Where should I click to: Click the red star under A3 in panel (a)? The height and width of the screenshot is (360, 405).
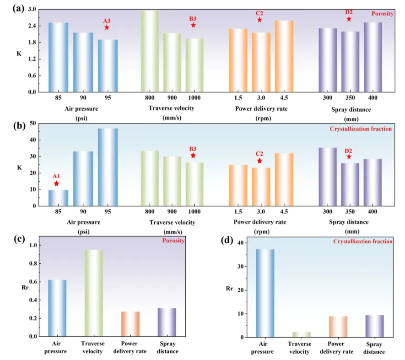point(107,27)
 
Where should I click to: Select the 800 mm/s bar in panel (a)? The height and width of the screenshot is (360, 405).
point(150,51)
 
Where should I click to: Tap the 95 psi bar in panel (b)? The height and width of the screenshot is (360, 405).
point(108,167)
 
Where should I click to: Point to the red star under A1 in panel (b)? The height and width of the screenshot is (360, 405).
point(56,184)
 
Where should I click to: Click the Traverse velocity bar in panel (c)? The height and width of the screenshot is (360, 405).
point(94,293)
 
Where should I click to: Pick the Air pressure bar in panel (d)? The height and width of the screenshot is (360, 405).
point(265,293)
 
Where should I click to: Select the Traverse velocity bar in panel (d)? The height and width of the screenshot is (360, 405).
point(302,334)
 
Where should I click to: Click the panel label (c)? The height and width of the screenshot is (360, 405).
point(19,239)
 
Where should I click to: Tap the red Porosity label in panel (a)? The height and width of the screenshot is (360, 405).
point(382,14)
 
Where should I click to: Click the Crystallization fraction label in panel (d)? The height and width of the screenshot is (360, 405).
point(362,241)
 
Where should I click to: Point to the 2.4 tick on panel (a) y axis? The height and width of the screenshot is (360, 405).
point(32,26)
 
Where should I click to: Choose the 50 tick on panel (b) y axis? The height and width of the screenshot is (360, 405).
point(33,123)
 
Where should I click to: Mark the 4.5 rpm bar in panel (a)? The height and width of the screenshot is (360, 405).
point(284,56)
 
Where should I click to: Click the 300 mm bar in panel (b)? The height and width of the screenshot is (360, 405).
point(328,177)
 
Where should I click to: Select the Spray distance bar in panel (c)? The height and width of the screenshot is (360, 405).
point(167,322)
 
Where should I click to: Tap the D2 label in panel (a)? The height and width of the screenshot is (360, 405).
point(349,12)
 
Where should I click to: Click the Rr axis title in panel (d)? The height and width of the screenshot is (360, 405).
point(229,289)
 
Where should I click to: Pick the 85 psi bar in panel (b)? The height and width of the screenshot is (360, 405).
point(59,198)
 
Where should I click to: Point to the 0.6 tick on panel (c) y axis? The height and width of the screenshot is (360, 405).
point(33,282)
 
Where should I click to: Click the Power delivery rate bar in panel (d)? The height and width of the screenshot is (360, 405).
point(338,327)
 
